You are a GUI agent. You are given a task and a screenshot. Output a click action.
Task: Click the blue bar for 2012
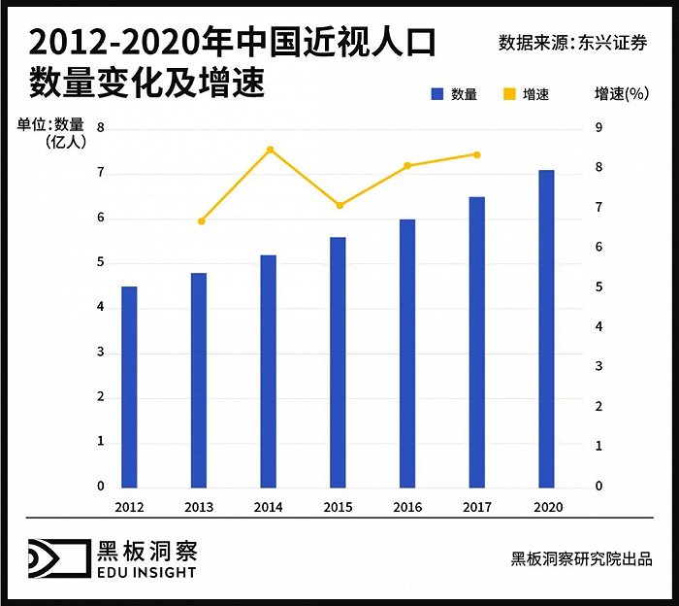[129, 387]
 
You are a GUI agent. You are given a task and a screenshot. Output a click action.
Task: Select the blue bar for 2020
[546, 328]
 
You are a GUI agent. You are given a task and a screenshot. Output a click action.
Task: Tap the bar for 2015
[338, 361]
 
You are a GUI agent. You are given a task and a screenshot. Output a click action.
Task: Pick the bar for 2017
[476, 342]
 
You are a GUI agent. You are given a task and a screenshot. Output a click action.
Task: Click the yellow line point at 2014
[270, 150]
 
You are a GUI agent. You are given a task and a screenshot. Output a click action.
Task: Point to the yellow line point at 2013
[201, 221]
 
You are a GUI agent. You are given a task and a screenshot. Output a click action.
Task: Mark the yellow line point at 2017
[476, 154]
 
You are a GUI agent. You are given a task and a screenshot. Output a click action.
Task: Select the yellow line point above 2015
[339, 206]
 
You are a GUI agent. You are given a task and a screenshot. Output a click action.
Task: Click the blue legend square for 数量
[436, 94]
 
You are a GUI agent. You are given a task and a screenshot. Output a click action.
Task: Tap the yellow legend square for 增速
[507, 94]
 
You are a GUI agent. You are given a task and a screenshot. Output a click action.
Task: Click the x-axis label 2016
[407, 507]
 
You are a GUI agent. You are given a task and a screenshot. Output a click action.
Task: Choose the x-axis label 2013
[199, 507]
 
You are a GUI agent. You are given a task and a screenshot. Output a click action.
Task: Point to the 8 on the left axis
[100, 127]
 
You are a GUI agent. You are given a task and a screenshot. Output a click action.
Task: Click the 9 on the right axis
[598, 127]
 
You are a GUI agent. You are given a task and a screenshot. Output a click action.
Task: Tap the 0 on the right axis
[598, 486]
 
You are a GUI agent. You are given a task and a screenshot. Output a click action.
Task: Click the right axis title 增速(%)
[621, 93]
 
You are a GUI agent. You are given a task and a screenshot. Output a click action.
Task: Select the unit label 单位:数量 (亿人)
[50, 132]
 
